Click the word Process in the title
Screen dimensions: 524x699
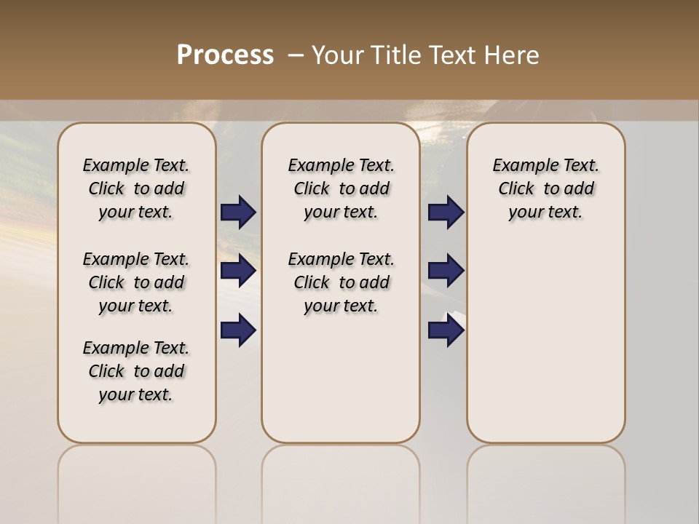tap(225, 55)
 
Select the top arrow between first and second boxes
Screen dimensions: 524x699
tap(238, 213)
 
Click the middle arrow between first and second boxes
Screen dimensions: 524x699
tap(238, 271)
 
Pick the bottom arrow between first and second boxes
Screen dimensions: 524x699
tap(238, 330)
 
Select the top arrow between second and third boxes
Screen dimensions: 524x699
tap(446, 213)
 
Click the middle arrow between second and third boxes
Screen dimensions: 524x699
tap(446, 271)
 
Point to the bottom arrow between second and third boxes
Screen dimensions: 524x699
tap(446, 330)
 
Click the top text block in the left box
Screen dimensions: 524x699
tap(136, 188)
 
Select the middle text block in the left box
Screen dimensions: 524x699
tap(136, 282)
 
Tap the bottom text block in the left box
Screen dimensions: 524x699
tap(136, 371)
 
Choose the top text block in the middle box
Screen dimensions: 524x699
tap(341, 188)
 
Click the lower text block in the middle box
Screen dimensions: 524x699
tap(341, 282)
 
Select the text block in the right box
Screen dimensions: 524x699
tap(546, 188)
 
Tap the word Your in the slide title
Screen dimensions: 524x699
tap(337, 55)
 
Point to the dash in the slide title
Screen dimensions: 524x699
tap(296, 55)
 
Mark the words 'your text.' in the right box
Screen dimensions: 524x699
tap(546, 213)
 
